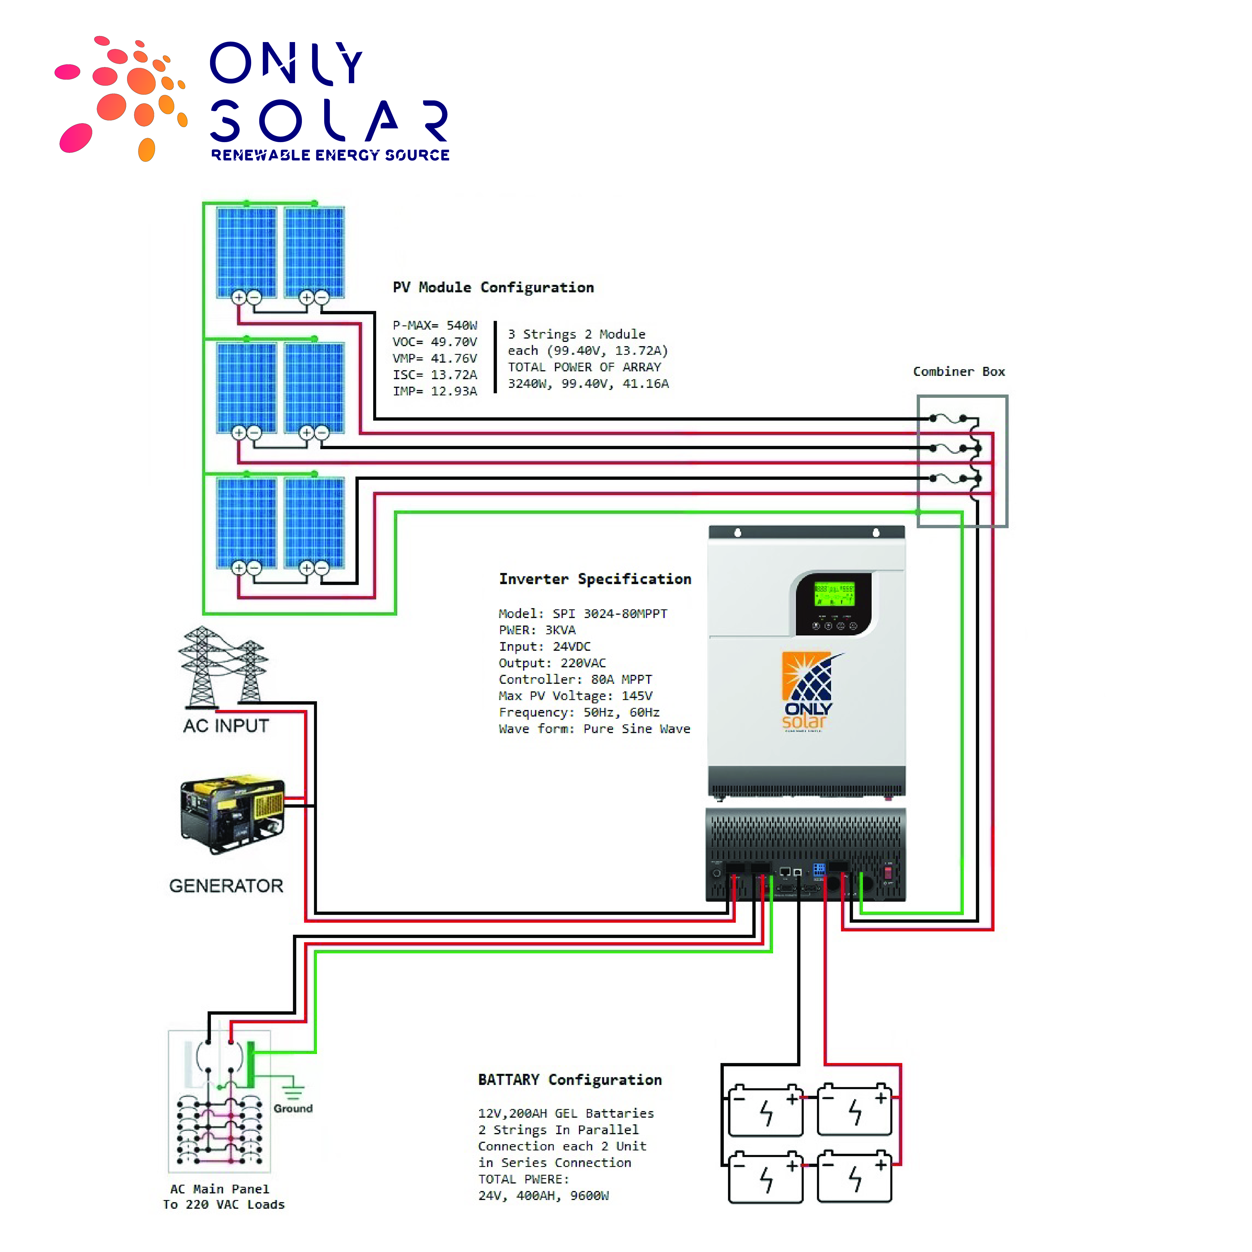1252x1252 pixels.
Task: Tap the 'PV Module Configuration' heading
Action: point(493,287)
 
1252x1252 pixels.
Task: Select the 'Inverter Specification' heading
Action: point(595,579)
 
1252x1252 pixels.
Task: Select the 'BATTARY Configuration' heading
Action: point(570,1080)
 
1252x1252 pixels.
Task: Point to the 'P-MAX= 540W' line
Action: point(435,325)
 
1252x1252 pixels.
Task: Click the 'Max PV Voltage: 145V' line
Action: point(575,696)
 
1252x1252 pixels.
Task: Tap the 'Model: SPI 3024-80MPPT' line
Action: point(583,614)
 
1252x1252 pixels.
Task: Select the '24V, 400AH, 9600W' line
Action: point(543,1196)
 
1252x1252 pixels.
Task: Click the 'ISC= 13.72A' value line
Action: point(435,375)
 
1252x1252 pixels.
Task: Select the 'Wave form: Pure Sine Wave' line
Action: point(594,729)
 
